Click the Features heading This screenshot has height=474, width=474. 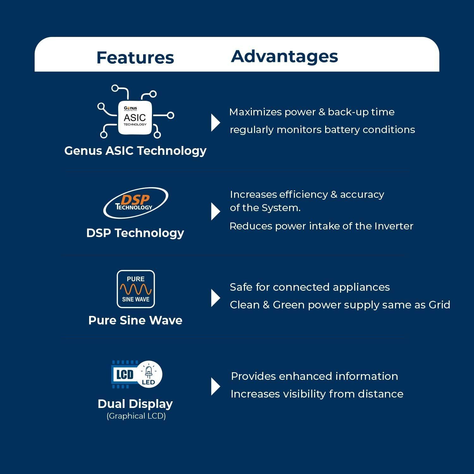pos(135,58)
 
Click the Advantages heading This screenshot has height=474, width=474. pos(284,56)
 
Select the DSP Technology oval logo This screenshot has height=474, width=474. pos(136,203)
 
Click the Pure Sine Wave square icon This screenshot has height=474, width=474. pos(136,289)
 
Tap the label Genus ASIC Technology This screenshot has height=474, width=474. pos(135,151)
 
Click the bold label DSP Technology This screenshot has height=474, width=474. pos(135,233)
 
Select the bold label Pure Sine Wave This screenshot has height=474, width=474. pos(135,320)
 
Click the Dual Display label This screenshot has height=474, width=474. pos(135,404)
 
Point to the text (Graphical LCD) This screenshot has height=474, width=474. pos(136,416)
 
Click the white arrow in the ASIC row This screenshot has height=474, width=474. pos(216,123)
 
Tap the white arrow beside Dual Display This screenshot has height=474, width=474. pos(216,386)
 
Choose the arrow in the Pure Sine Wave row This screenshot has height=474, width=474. pos(216,298)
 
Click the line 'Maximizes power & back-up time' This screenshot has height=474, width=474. pos(312,112)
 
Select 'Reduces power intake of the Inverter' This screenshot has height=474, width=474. pos(321,226)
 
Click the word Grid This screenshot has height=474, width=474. pos(439,305)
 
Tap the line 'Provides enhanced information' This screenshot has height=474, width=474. pos(314,376)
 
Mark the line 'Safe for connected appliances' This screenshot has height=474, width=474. pos(310,287)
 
